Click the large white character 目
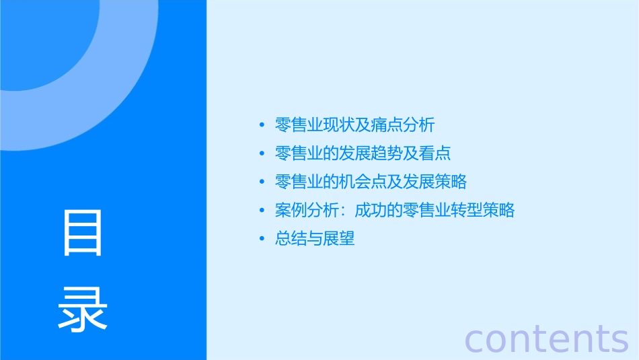click(83, 233)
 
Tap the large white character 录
click(83, 309)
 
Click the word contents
click(547, 338)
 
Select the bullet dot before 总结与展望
click(262, 239)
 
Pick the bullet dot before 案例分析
click(262, 211)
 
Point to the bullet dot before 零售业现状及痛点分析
click(262, 125)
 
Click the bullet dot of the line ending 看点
click(262, 153)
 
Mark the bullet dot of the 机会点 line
click(262, 182)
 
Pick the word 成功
click(371, 211)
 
